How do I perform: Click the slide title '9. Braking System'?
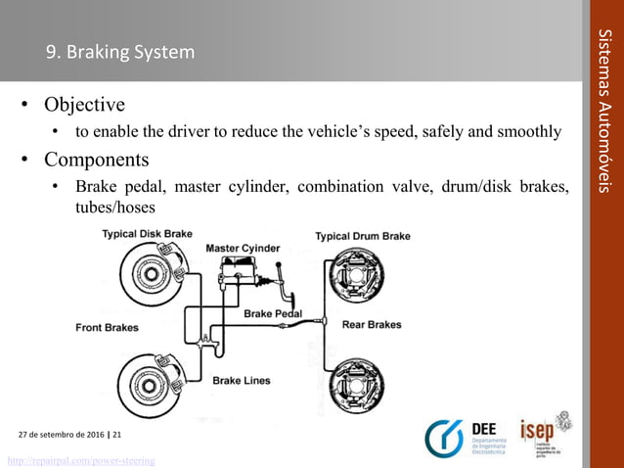(x=121, y=52)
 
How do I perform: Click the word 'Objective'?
(x=82, y=105)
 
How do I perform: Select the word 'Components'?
(x=95, y=160)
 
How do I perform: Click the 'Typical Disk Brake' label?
(x=148, y=234)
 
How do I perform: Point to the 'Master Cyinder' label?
(x=243, y=249)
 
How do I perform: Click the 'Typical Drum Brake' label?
(x=363, y=236)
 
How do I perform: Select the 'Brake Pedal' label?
(x=273, y=314)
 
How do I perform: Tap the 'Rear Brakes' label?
(x=371, y=325)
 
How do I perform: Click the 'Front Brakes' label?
(x=107, y=328)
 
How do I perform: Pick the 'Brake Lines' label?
(x=242, y=379)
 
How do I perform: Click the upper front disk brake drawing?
(x=151, y=276)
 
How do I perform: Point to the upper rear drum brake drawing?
(x=357, y=279)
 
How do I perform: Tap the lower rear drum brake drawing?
(x=357, y=385)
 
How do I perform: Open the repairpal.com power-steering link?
(x=81, y=460)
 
